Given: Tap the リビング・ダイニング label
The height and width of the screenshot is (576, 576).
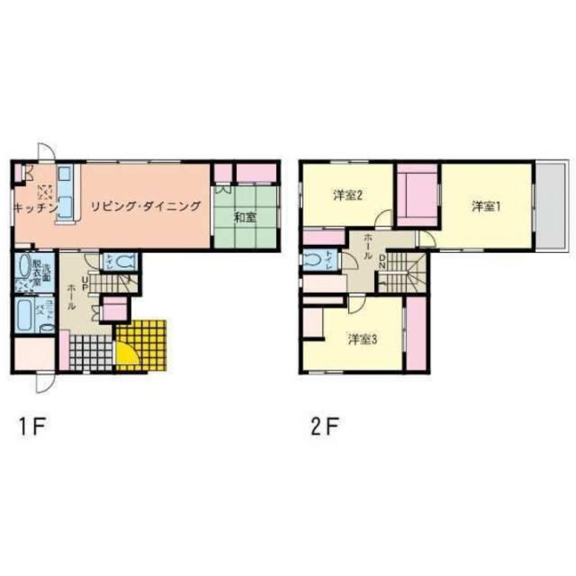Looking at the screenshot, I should (145, 206).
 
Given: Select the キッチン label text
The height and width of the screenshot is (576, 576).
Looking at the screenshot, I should (35, 207).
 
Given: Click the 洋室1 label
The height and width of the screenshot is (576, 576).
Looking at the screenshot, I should (486, 206).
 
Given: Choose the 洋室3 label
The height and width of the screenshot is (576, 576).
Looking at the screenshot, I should (362, 339).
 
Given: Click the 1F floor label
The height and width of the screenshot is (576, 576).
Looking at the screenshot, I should (32, 428).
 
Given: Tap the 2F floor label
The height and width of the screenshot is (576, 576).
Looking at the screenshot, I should (324, 428).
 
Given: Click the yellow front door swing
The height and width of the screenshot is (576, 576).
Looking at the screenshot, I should (126, 356).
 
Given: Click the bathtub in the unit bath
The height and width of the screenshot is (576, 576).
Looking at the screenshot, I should (26, 314).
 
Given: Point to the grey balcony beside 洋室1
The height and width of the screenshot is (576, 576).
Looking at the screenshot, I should (550, 204).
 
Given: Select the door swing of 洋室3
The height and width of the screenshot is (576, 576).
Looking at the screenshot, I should (355, 304).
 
